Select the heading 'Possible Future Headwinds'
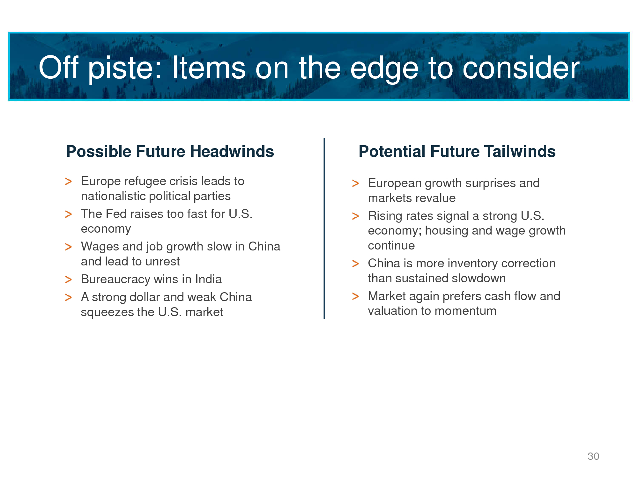tap(170, 151)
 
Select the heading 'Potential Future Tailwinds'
tap(457, 151)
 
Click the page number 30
tap(593, 456)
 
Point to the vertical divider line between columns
tap(324, 228)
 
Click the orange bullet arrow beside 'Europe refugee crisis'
tap(68, 182)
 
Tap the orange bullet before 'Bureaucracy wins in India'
tap(68, 280)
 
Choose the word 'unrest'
tap(162, 262)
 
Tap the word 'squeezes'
tap(107, 312)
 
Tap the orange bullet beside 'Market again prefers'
tap(355, 297)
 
